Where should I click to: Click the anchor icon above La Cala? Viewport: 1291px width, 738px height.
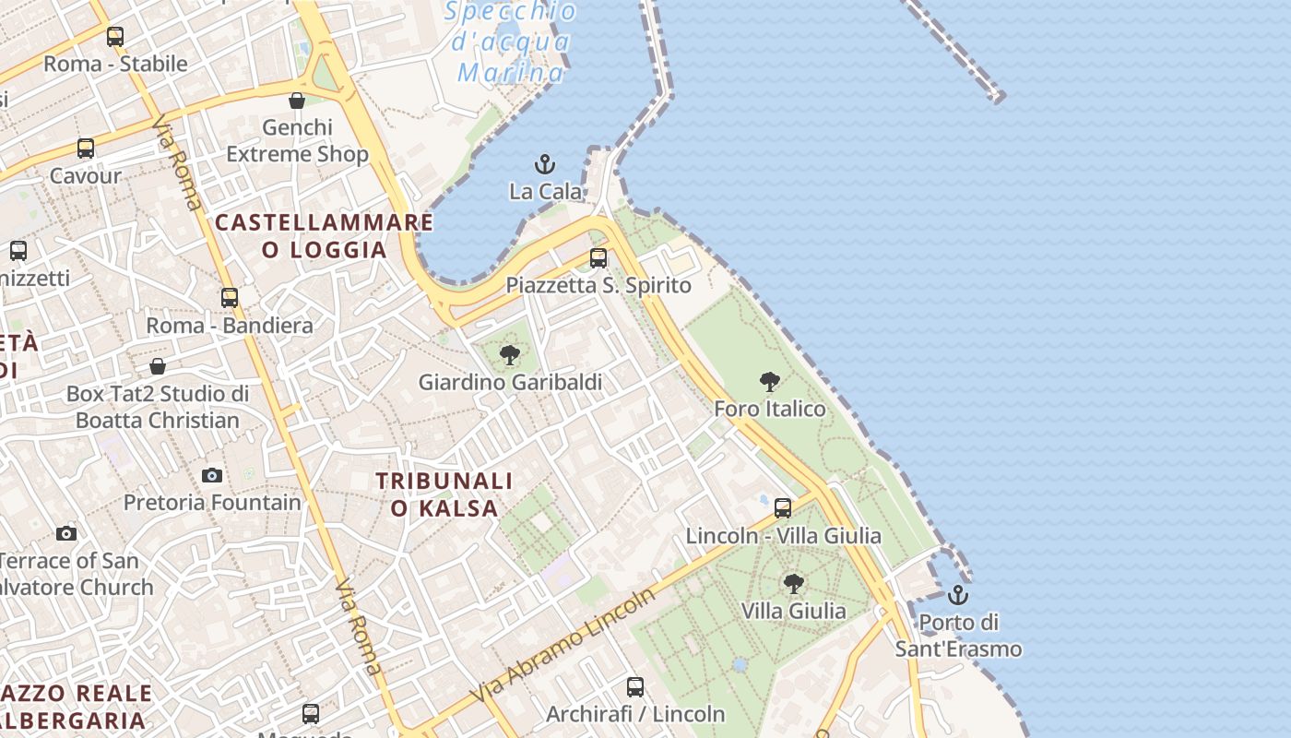tap(545, 165)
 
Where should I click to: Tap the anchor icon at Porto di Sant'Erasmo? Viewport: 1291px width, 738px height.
tap(958, 595)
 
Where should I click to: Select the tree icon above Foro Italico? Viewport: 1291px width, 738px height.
tap(769, 382)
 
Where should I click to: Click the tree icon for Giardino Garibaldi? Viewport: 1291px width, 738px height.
tap(509, 355)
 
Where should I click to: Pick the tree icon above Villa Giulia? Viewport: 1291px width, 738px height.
tap(793, 584)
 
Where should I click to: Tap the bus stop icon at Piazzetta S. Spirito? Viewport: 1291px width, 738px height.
tap(598, 258)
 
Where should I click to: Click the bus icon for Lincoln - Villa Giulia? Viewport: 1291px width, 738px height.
tap(783, 508)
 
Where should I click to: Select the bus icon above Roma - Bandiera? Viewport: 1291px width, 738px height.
tap(230, 298)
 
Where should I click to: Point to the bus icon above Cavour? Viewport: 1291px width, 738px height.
tap(86, 149)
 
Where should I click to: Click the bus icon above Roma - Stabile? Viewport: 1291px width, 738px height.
tap(115, 37)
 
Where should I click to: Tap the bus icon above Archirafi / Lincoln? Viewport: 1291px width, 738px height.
tap(635, 687)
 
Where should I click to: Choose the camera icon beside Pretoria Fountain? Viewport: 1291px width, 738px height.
tap(212, 476)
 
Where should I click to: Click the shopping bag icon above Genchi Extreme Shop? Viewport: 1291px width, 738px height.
tap(297, 101)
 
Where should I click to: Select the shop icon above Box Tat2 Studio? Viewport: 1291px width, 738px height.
tap(158, 366)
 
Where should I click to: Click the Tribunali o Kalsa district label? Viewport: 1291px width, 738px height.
tap(444, 494)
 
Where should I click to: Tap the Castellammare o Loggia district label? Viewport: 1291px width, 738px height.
tap(324, 236)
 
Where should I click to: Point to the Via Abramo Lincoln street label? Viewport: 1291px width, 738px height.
tap(563, 645)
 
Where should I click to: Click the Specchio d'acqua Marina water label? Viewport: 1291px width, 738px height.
tap(510, 42)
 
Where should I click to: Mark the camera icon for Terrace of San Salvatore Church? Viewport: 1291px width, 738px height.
tap(65, 534)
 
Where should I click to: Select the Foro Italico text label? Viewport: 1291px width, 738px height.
tap(770, 409)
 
